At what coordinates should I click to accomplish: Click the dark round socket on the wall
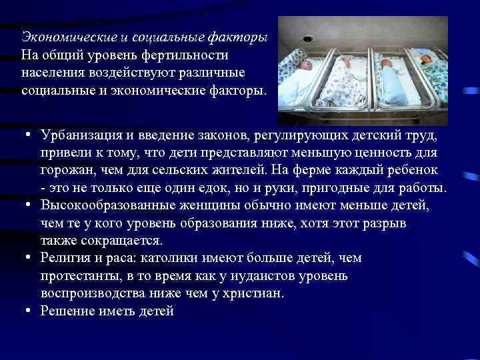point(307,39)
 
